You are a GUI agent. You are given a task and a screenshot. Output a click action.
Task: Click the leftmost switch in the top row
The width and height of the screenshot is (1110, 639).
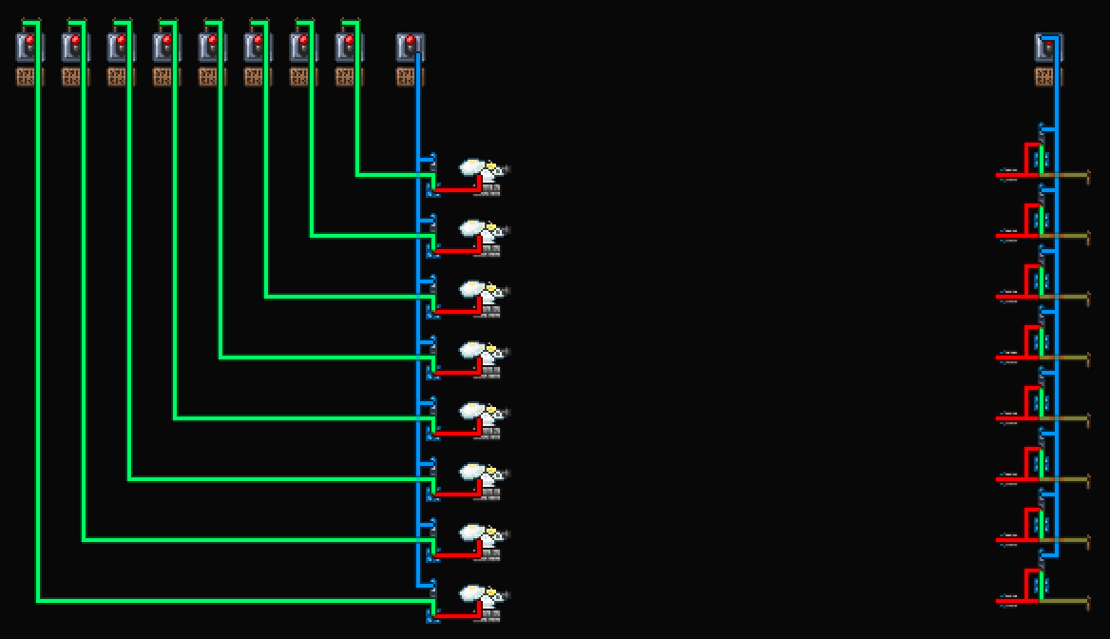[x=29, y=46]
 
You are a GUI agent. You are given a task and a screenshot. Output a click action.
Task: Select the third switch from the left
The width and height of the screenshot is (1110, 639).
[x=121, y=46]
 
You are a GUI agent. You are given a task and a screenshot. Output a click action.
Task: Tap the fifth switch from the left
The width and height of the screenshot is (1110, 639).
[x=212, y=46]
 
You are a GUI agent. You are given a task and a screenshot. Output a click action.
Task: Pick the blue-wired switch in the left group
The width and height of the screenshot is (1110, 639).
[x=410, y=46]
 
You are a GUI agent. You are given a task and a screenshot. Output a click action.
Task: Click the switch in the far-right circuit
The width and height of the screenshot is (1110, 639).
[x=1048, y=46]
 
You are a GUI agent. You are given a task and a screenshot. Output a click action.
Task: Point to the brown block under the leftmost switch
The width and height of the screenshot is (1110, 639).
[x=29, y=76]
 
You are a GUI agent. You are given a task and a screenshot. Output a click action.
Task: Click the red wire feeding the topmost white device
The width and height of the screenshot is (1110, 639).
[x=456, y=190]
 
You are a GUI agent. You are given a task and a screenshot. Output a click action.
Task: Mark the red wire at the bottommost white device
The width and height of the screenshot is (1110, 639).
[x=456, y=616]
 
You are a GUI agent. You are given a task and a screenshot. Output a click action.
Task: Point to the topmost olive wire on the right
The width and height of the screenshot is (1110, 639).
[x=1069, y=175]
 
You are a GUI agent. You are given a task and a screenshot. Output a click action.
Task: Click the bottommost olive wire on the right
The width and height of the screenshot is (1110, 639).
[x=1069, y=601]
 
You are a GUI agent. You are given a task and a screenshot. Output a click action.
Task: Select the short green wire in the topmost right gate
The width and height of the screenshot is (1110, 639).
[x=1042, y=159]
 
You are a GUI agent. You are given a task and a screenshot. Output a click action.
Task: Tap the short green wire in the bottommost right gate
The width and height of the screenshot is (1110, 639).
[x=1042, y=585]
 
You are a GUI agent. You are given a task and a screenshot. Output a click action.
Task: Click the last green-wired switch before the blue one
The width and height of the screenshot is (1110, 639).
[x=349, y=46]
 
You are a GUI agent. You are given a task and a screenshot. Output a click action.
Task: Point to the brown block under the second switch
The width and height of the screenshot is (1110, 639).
[x=75, y=76]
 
